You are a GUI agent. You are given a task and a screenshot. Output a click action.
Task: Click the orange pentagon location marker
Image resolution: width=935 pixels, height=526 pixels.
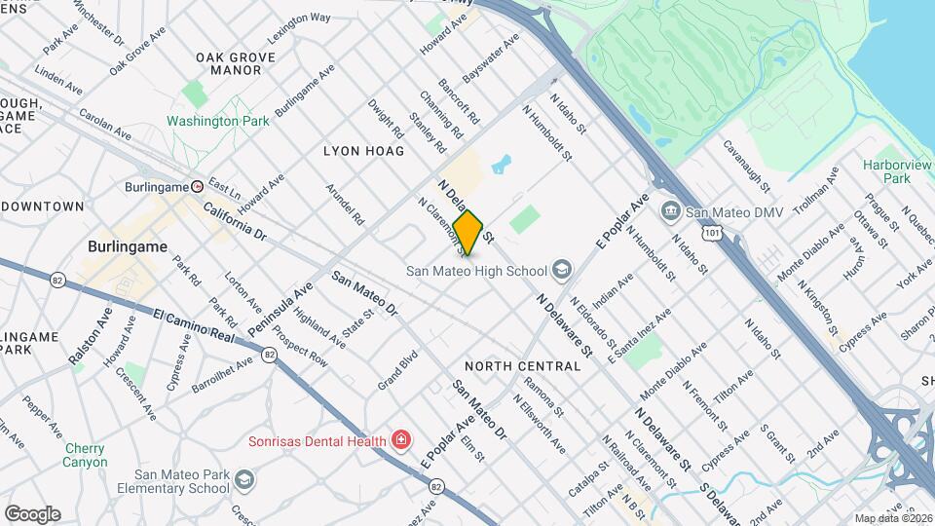[468, 233]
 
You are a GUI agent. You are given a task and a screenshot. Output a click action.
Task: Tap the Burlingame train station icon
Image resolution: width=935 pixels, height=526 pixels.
[198, 186]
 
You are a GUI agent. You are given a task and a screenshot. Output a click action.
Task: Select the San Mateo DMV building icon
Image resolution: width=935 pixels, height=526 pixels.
[670, 211]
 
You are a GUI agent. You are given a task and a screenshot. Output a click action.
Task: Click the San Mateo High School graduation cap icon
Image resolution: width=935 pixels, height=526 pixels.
[561, 269]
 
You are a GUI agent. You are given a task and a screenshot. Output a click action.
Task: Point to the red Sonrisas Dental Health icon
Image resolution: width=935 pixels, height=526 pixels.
[400, 441]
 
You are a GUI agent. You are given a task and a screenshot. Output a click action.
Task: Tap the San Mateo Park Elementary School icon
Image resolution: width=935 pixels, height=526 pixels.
[243, 479]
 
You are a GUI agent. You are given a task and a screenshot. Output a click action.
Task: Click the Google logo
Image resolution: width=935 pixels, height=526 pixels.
[32, 513]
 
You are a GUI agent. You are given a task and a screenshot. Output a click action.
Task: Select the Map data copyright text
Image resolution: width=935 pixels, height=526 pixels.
[893, 517]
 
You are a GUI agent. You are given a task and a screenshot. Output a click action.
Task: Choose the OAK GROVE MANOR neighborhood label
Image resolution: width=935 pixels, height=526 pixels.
[228, 64]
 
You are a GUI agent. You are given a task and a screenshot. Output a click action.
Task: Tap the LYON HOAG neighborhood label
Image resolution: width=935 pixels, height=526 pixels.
[362, 151]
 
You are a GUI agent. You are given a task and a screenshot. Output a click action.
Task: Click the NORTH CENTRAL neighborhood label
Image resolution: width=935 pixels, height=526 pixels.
[522, 366]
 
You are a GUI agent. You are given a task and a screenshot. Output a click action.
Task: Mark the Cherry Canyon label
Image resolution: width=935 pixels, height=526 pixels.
[86, 455]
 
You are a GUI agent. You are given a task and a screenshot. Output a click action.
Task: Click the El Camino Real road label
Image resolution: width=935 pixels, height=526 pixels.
[195, 325]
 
